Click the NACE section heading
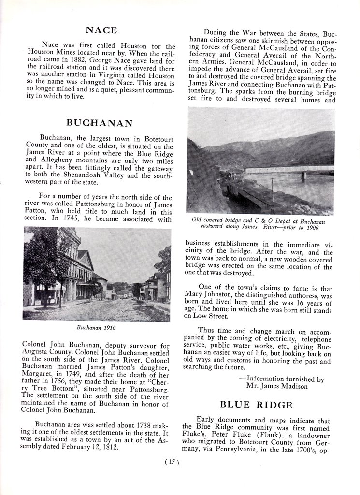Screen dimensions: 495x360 click(x=101, y=30)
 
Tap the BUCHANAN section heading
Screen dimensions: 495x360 click(x=100, y=123)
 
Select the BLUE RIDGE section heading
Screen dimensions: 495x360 click(x=256, y=405)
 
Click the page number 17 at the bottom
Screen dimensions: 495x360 click(x=173, y=462)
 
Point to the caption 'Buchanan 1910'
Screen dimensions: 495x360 click(x=97, y=327)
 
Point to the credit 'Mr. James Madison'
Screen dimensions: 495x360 click(x=277, y=386)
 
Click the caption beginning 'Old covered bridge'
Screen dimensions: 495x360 click(x=258, y=223)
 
